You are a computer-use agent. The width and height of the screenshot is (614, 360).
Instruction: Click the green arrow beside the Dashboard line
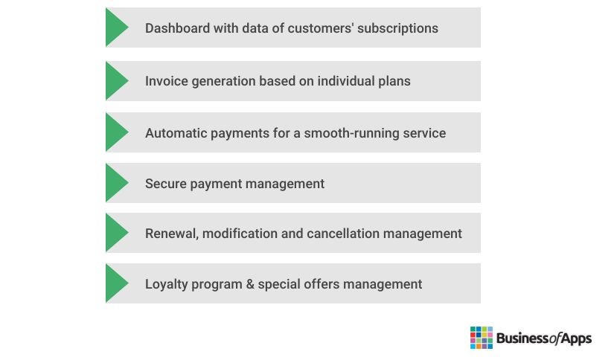coord(115,28)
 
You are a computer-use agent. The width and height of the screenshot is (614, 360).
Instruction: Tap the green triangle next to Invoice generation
coord(115,81)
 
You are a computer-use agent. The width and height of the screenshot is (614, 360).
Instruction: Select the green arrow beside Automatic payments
coord(115,132)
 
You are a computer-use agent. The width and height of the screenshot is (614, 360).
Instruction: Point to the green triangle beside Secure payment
coord(115,183)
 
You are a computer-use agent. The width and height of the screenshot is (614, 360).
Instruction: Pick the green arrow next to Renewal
coord(115,232)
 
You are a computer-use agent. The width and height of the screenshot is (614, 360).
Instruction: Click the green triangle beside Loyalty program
coord(115,283)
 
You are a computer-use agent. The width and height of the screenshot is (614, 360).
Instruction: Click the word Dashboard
coord(177,28)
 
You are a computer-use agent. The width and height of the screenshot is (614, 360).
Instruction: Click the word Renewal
coord(171,234)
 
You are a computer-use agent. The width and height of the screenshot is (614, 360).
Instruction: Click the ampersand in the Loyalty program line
coord(250,284)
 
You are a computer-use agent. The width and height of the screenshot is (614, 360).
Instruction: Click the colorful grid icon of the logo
coord(482,338)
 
